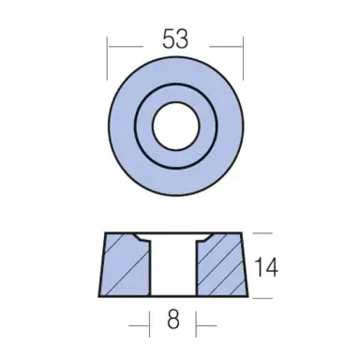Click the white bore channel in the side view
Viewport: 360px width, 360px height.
173,267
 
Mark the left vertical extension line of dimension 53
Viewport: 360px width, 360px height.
108,56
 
